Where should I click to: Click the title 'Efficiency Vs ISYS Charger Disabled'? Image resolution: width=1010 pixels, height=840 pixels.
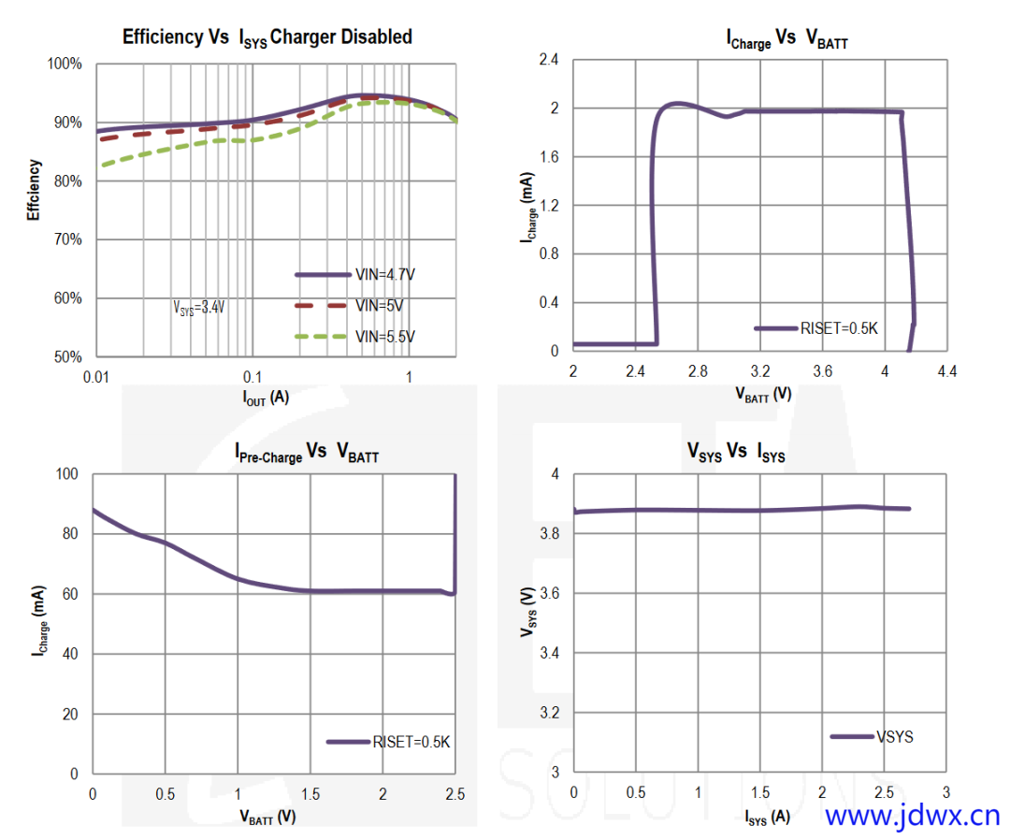[267, 38]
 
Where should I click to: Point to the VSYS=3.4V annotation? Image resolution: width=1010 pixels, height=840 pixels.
[199, 307]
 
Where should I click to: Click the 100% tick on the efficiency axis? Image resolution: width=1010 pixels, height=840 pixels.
[65, 64]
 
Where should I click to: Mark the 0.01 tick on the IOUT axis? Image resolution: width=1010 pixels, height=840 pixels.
[96, 376]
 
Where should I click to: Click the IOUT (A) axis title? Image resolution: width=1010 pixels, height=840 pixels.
[267, 398]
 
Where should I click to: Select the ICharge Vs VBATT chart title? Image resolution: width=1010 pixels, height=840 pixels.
[786, 40]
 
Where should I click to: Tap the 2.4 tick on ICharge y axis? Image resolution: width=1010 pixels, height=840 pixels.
[547, 60]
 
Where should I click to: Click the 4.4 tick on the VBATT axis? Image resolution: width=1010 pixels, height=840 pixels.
[947, 371]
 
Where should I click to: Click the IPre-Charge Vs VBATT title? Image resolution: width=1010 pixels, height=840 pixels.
[306, 454]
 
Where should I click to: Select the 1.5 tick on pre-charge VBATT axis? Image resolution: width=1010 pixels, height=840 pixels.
[310, 794]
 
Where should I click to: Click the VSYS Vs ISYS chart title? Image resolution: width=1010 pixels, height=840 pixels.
[736, 454]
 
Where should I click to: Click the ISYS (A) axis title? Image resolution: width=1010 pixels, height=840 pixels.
[767, 817]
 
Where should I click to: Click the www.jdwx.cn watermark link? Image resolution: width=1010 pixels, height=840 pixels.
[913, 816]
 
